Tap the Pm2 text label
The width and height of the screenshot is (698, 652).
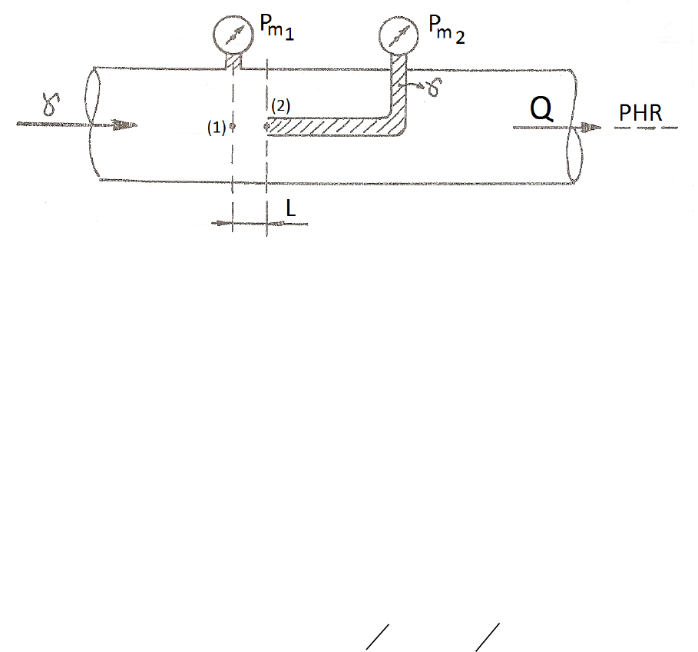pos(445,32)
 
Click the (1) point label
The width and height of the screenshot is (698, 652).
pos(216,128)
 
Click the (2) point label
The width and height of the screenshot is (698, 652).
pos(280,106)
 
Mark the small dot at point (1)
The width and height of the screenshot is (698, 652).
pos(231,128)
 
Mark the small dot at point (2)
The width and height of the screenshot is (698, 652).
pos(266,127)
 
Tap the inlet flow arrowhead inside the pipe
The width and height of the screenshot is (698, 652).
pos(127,124)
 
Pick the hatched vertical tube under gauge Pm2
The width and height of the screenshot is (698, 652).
pos(399,88)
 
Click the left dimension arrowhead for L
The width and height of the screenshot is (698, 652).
pos(226,224)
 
